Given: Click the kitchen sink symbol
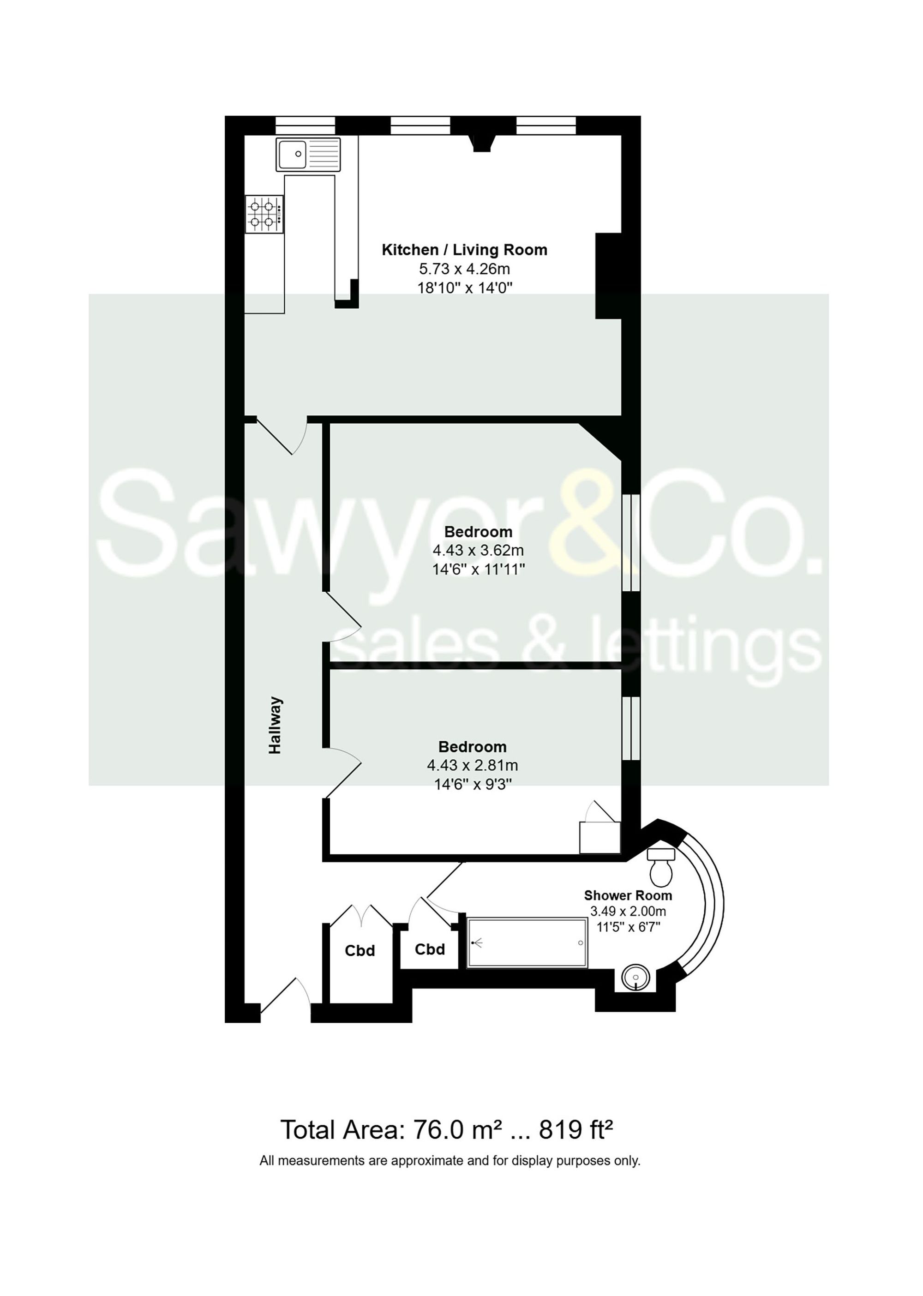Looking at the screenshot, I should [x=308, y=154].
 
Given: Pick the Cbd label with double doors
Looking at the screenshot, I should [x=360, y=951].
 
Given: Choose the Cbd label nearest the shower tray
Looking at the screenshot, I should [x=430, y=949].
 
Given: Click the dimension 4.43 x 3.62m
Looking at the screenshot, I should [x=478, y=550].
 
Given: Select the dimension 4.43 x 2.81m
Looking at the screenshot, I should [x=472, y=765].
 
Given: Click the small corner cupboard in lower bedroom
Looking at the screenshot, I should [x=599, y=837].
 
